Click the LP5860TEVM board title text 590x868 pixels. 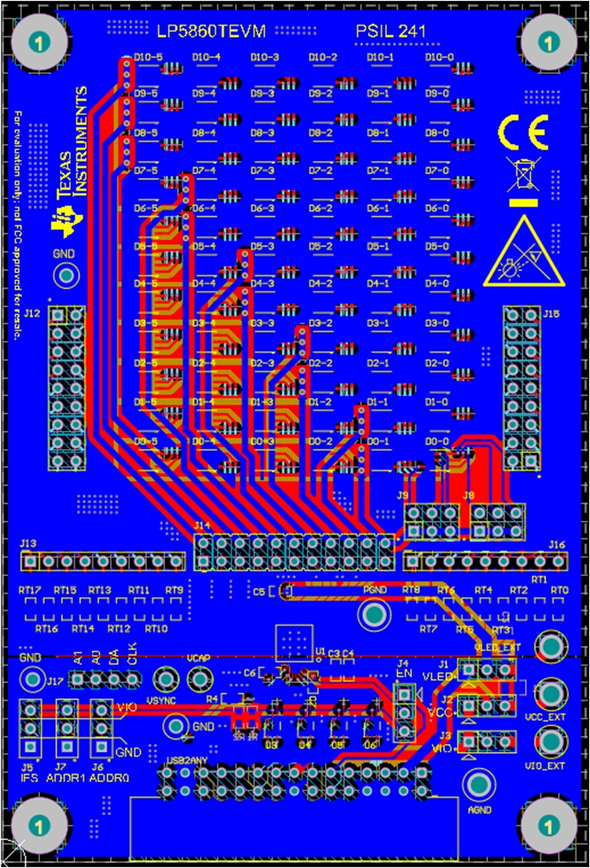(x=210, y=31)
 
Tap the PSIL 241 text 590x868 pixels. (x=390, y=31)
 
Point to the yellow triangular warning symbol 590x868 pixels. (x=523, y=250)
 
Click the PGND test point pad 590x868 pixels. (x=373, y=616)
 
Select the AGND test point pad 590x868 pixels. (x=479, y=784)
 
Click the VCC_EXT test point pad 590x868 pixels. (x=550, y=693)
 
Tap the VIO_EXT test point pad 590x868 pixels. (x=550, y=740)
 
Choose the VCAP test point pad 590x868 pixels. (x=198, y=680)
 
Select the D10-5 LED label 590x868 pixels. (x=148, y=57)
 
